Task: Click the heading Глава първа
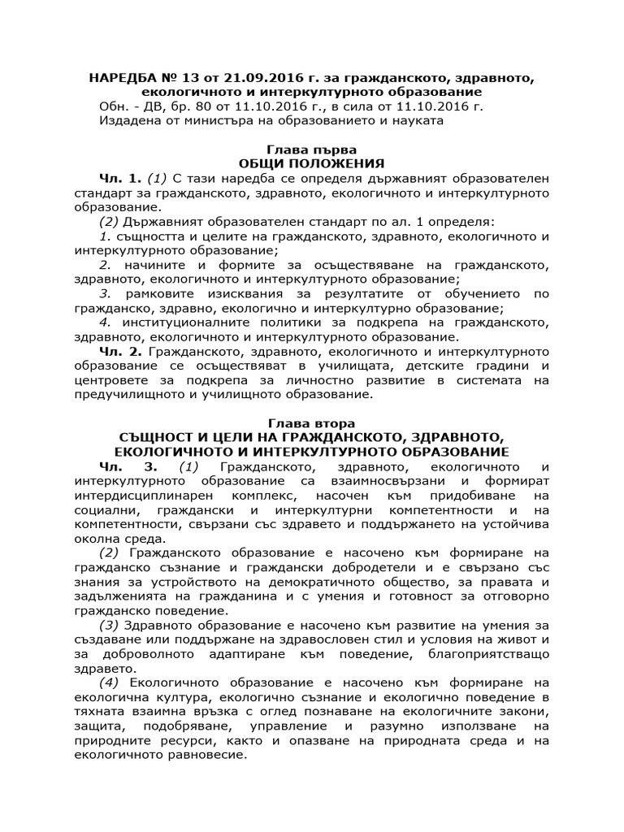pyautogui.click(x=311, y=149)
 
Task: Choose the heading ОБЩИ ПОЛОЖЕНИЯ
pyautogui.click(x=311, y=164)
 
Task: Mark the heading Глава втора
pyautogui.click(x=311, y=423)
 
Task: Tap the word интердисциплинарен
pyautogui.click(x=145, y=496)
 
